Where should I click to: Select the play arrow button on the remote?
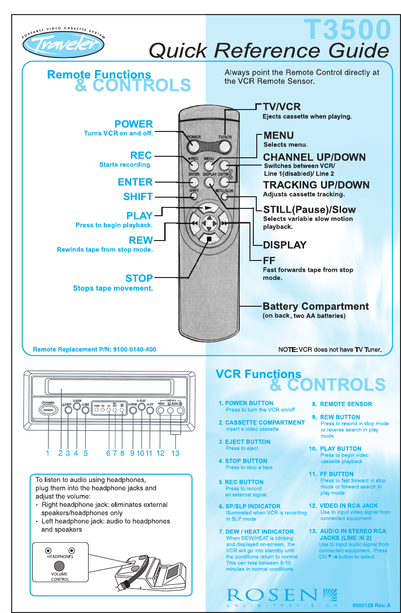click(x=209, y=208)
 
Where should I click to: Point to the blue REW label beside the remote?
click(x=141, y=240)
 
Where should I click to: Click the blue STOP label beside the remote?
click(x=139, y=279)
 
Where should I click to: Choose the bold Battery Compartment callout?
click(x=315, y=307)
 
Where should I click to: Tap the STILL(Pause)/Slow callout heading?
click(x=309, y=210)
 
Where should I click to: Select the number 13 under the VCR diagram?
click(x=175, y=453)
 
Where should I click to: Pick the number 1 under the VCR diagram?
click(x=48, y=453)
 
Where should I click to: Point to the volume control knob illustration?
click(x=59, y=566)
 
